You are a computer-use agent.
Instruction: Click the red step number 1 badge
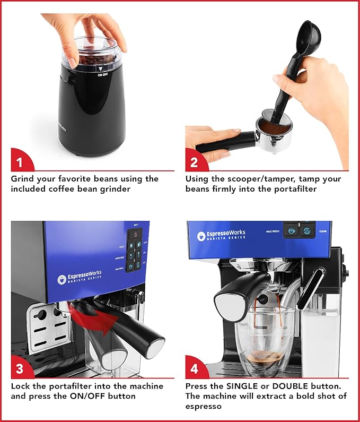[21, 160]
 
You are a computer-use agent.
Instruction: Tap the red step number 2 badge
[196, 160]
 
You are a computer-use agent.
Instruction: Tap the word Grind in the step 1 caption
[23, 179]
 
